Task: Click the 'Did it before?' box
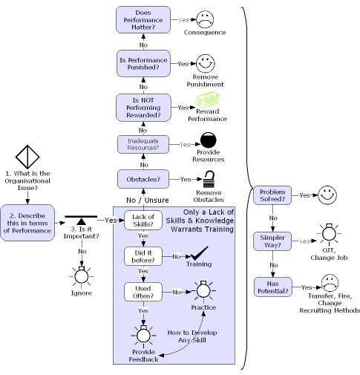[x=144, y=256]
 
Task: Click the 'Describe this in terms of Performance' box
[x=27, y=221]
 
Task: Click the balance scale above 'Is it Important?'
[x=81, y=221]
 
